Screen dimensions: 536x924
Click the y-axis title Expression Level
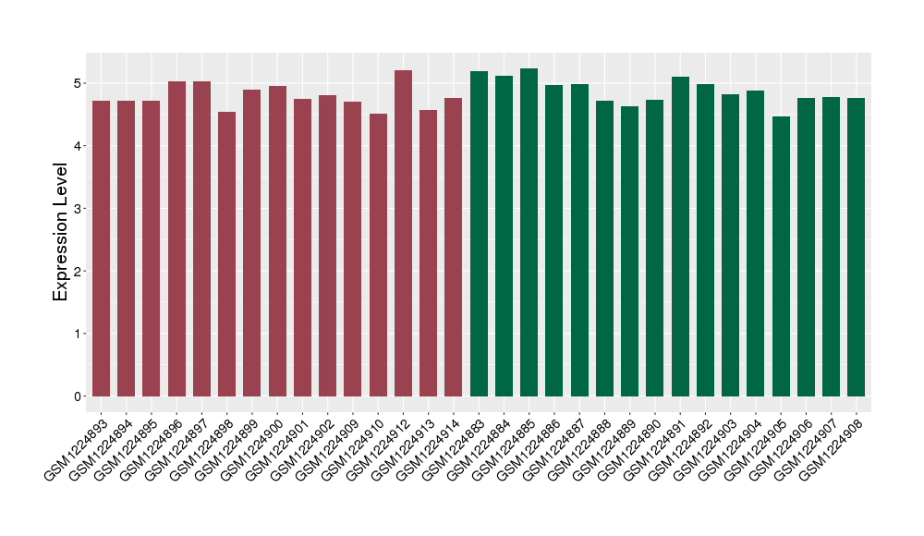pyautogui.click(x=61, y=232)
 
